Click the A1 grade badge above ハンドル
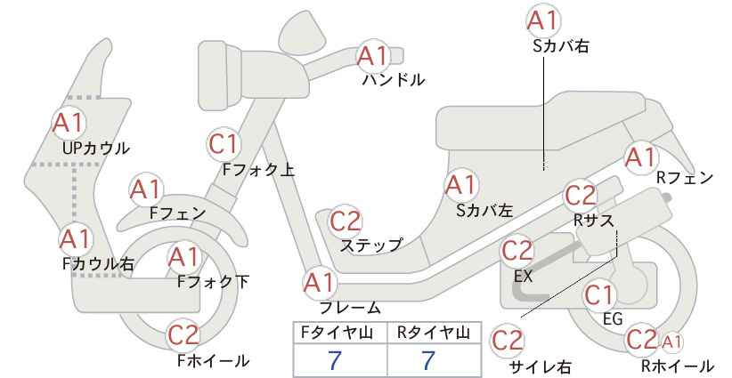coord(372,56)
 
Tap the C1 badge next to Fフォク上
coord(224,144)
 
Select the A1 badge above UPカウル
coord(69,123)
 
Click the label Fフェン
coord(177,213)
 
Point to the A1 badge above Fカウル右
coord(75,239)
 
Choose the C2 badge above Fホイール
coord(183,335)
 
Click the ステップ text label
coord(371,245)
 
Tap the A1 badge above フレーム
coord(320,283)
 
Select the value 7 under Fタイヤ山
coord(335,360)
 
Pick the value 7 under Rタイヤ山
coord(428,360)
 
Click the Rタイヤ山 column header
coord(434,333)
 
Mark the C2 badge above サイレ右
coord(508,341)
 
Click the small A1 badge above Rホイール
coord(671,342)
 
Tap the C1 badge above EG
coord(599,295)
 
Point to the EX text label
coord(524,277)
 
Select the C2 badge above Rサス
coord(581,197)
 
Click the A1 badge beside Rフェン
coord(641,157)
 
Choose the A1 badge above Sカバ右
coord(543,20)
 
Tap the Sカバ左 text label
coord(484,211)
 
